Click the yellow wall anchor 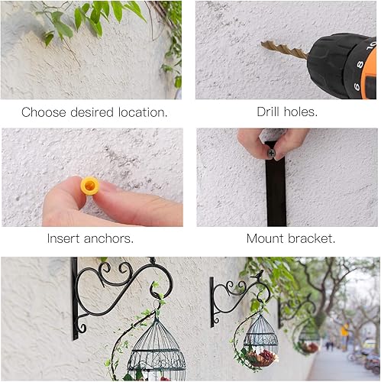90,186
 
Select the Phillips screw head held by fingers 271,153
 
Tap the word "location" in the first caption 142,112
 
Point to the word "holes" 302,112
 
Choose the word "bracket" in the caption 312,238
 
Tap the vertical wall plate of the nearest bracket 75,299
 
